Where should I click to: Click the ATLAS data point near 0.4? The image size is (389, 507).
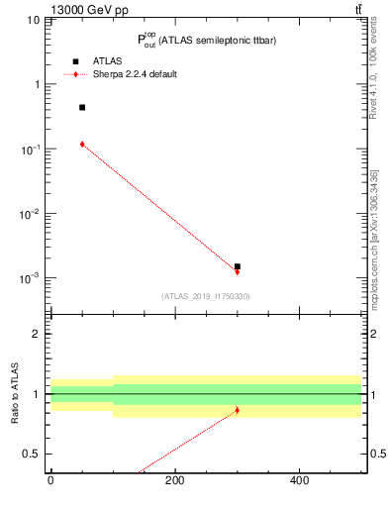pyautogui.click(x=82, y=107)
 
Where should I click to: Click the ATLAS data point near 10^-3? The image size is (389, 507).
pyautogui.click(x=238, y=266)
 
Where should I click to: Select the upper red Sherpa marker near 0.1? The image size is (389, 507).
pyautogui.click(x=82, y=144)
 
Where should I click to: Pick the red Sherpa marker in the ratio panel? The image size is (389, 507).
pyautogui.click(x=238, y=410)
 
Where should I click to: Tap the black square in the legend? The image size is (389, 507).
pyautogui.click(x=75, y=61)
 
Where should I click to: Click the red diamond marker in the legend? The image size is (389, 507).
pyautogui.click(x=75, y=74)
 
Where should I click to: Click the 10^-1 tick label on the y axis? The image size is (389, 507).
pyautogui.click(x=30, y=149)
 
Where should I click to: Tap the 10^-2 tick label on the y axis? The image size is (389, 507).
pyautogui.click(x=30, y=213)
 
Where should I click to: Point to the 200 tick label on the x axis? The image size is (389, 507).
pyautogui.click(x=174, y=482)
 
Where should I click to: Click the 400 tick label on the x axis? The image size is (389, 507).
pyautogui.click(x=299, y=482)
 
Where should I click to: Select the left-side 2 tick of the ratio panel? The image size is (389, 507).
pyautogui.click(x=38, y=334)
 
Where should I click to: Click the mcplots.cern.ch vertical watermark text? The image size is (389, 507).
pyautogui.click(x=374, y=238)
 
